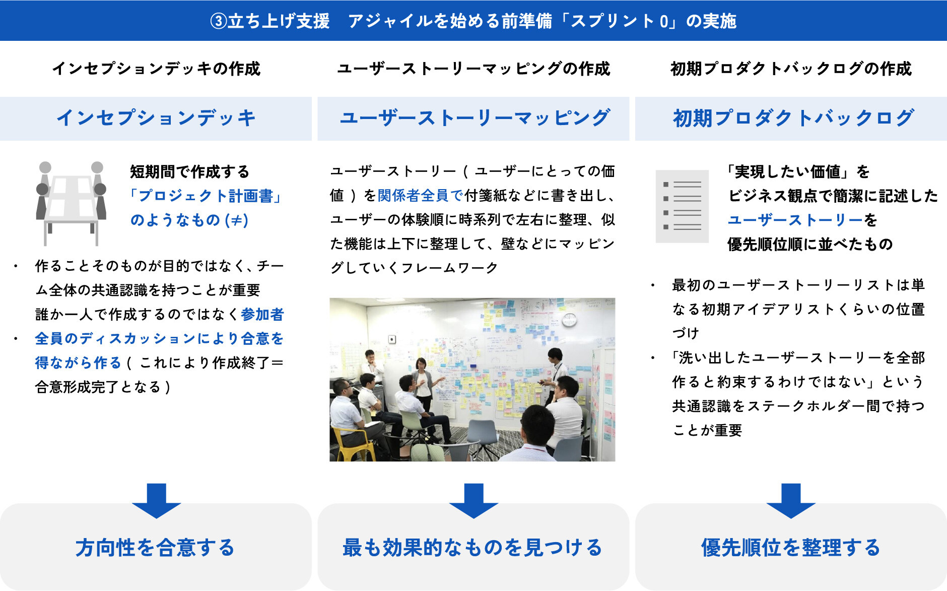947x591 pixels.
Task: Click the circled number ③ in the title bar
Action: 218,21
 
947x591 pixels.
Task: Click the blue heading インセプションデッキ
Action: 156,118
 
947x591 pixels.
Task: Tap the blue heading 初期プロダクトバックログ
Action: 793,118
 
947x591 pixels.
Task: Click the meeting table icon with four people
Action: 71,203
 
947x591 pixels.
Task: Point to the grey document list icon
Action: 682,206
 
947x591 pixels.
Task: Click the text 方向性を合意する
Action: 155,548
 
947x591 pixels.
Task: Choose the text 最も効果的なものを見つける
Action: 472,548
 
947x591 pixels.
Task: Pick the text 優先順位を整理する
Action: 791,548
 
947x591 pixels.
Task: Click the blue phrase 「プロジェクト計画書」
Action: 206,196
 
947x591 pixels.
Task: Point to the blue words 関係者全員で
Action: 420,196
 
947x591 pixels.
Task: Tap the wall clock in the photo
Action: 569,320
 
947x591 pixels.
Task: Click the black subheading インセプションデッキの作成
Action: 156,69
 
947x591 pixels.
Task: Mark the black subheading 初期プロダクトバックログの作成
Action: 791,69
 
